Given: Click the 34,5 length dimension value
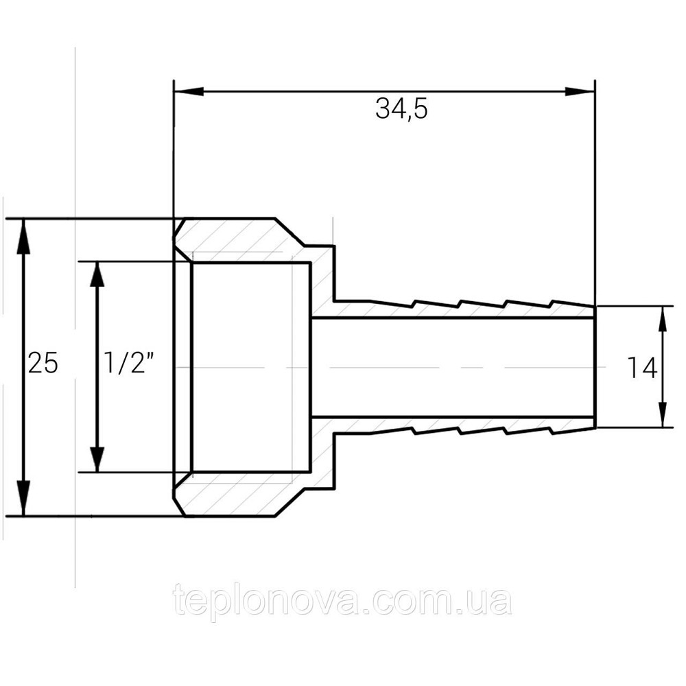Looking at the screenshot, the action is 401,108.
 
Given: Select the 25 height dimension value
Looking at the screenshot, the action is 43,363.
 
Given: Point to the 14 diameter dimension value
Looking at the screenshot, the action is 642,368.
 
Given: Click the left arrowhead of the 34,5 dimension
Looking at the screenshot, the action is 189,91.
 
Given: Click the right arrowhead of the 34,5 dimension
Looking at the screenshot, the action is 579,91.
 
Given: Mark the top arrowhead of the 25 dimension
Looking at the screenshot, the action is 23,236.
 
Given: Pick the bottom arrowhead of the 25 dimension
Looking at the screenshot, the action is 23,498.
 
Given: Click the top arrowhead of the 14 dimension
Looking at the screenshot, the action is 663,320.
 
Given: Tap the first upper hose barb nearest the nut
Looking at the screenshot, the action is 392,303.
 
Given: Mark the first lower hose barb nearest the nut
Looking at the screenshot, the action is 392,431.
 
